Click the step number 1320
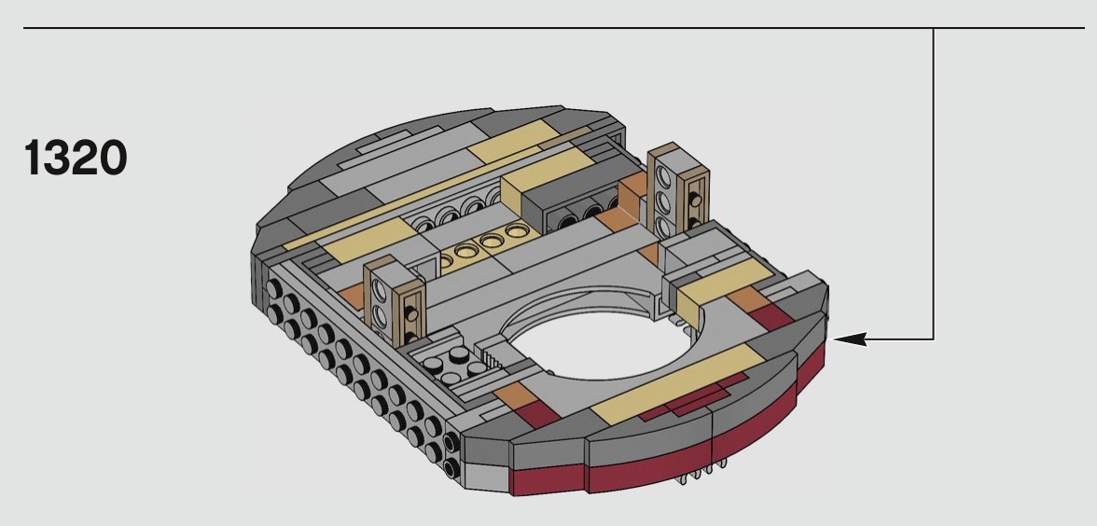(76, 158)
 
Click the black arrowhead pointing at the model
(850, 339)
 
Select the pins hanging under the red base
(700, 474)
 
